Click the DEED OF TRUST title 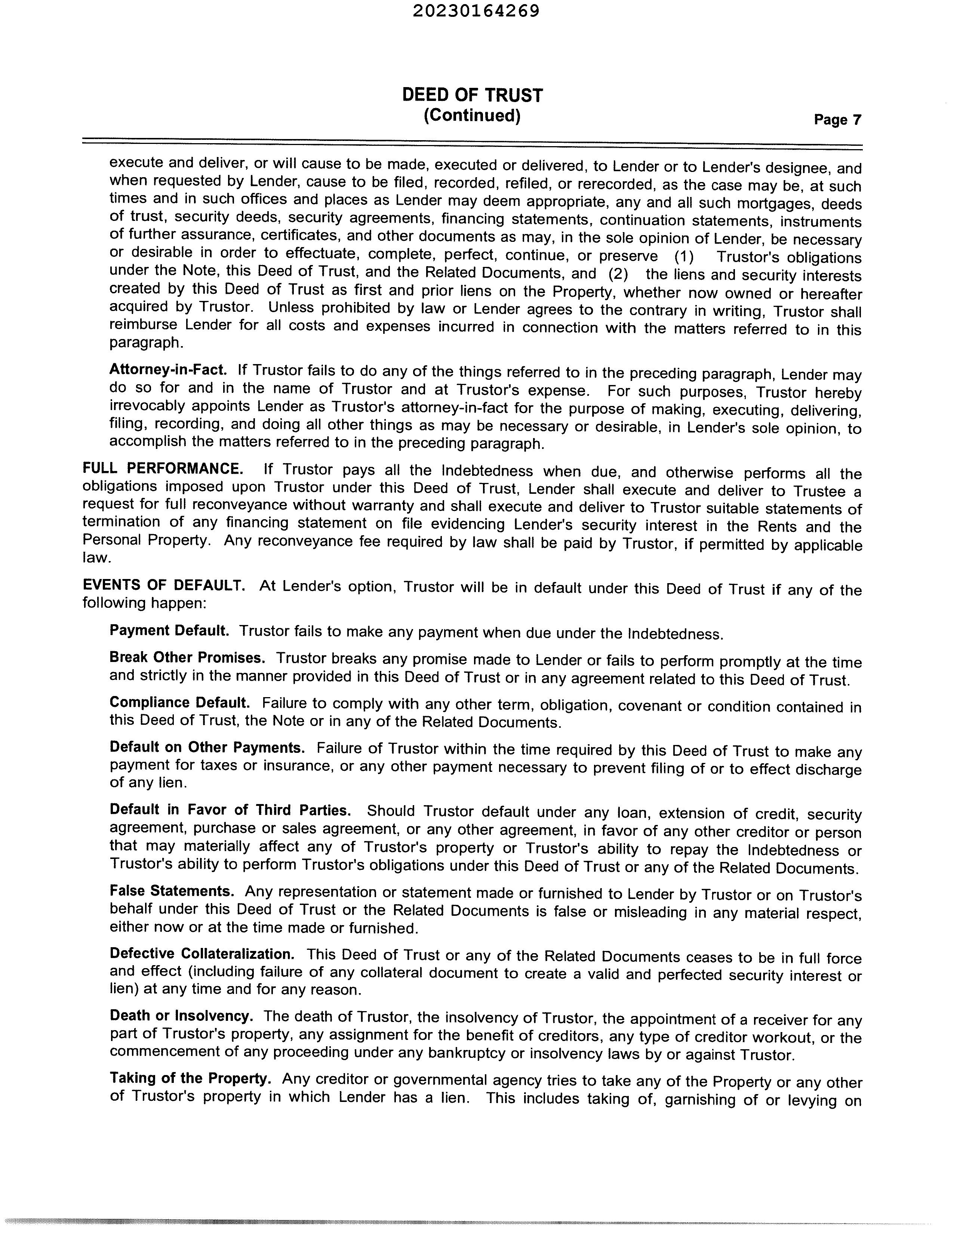coord(472,95)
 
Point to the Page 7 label coord(837,120)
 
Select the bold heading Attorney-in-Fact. coord(168,370)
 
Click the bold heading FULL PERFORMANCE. coord(163,469)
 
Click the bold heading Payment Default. coord(169,630)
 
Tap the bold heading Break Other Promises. coord(187,658)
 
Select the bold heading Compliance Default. coord(179,703)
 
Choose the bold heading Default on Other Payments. coord(207,747)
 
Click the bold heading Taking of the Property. coord(190,1078)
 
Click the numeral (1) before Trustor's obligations coord(684,257)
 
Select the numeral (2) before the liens coord(618,274)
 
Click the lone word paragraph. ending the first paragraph coord(146,343)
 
